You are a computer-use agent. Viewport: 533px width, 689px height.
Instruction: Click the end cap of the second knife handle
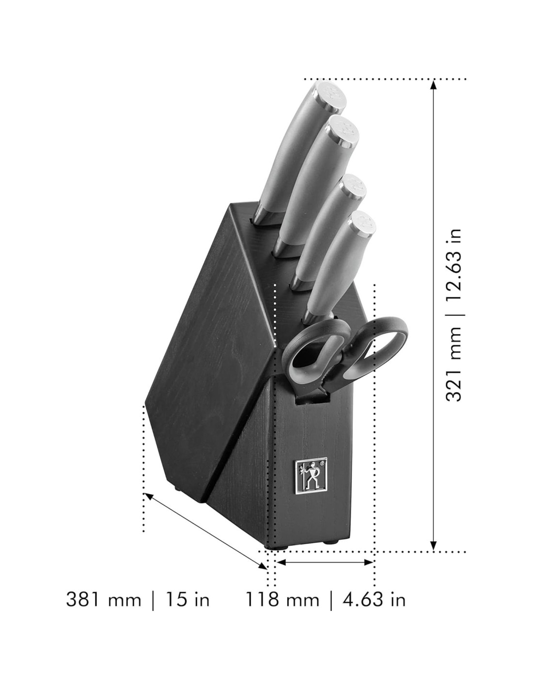[344, 135]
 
